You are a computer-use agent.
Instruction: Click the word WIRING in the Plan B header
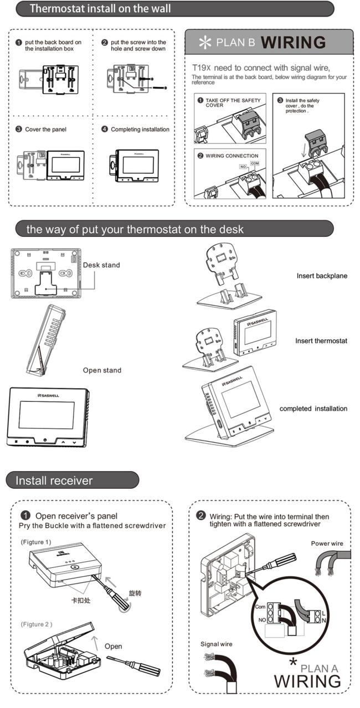coord(293,43)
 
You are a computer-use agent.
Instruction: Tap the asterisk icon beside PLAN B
coord(205,43)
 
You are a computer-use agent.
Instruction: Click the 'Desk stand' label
coord(101,265)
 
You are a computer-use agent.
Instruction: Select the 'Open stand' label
coord(102,370)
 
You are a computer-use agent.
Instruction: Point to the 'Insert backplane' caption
coord(322,276)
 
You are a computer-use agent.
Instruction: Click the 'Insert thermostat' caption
coord(321,341)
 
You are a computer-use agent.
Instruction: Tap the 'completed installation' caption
coord(313,409)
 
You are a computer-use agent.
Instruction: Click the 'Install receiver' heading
coord(54,480)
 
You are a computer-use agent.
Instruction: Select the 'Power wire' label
coord(327,544)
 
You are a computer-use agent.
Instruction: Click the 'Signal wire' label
coord(217,644)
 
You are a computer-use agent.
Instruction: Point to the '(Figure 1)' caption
coord(36,542)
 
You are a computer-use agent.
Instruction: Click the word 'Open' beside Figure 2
coord(113,647)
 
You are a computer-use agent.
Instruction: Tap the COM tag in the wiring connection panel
coord(255,163)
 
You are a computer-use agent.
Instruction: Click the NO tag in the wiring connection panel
coord(243,167)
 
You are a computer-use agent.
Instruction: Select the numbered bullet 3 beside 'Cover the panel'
coord(19,129)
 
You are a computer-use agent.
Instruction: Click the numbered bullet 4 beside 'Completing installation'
coord(104,129)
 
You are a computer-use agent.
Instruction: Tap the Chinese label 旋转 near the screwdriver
coord(135,593)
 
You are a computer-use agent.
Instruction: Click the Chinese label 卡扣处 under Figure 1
coord(81,600)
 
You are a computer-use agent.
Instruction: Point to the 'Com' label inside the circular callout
coord(260,607)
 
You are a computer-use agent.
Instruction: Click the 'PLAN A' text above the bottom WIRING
coord(319,669)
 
